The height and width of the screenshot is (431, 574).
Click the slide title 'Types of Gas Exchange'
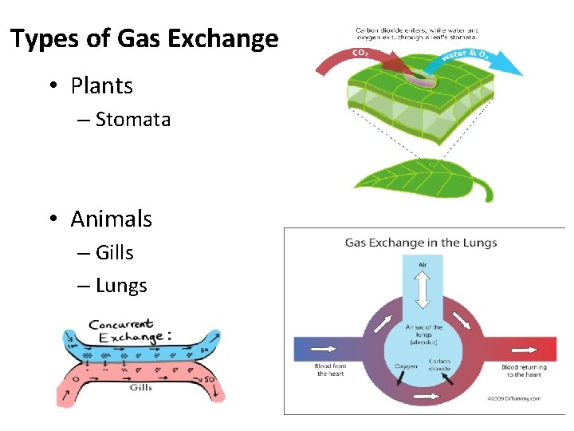[144, 39]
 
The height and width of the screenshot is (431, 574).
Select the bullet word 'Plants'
[101, 85]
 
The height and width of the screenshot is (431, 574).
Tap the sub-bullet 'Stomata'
[132, 120]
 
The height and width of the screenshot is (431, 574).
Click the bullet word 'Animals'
[111, 219]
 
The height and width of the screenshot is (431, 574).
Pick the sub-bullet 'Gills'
[114, 253]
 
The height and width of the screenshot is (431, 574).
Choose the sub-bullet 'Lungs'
[120, 286]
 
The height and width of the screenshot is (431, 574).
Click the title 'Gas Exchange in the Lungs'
[420, 243]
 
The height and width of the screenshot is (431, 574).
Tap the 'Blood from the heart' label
[330, 370]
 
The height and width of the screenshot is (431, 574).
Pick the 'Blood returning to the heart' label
[524, 370]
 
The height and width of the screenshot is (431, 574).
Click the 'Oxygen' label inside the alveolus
[406, 366]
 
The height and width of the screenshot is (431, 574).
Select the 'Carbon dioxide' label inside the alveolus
[439, 364]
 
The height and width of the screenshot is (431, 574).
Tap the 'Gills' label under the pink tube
[140, 388]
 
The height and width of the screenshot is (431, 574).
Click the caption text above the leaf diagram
[417, 34]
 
